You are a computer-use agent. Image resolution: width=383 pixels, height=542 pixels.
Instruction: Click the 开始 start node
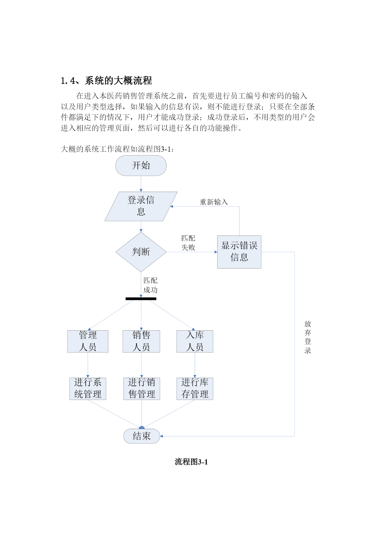coord(141,166)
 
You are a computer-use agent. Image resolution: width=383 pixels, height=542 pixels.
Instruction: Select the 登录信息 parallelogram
coord(141,206)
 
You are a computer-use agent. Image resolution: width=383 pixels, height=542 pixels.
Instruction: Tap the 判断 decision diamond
coord(141,252)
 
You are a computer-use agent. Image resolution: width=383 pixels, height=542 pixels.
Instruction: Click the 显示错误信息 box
coord(239,252)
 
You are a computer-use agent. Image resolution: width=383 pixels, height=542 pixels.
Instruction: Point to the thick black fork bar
coord(141,299)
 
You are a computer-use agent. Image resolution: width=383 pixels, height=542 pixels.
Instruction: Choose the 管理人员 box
coord(88,341)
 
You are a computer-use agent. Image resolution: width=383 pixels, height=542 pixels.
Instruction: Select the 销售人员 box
coord(141,341)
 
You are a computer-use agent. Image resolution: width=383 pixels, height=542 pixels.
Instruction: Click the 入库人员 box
coord(195,341)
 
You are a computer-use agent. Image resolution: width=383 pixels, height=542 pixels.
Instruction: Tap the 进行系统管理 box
coord(88,389)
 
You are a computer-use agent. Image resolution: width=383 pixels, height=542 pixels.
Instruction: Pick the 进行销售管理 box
coord(142,389)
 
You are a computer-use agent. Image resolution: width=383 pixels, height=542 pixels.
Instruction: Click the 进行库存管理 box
coord(195,389)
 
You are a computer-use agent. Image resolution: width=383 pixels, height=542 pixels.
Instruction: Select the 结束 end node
coord(142,436)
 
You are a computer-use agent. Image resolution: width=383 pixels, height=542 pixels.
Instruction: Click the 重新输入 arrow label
coord(214,202)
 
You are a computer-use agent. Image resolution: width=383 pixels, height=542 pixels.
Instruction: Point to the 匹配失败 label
coord(188,243)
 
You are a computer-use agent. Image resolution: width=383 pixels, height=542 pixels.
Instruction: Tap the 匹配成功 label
coord(150,285)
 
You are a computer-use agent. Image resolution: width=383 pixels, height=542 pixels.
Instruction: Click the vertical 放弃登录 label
coord(308,337)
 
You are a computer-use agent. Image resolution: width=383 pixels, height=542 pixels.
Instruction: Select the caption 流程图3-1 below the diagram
coord(191,462)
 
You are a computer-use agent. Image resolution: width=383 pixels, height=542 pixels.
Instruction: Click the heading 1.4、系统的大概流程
coord(106,81)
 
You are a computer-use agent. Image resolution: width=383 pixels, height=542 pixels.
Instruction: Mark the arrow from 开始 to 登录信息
coord(141,184)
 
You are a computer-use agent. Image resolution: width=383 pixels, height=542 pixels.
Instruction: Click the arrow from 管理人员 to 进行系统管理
coord(88,365)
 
